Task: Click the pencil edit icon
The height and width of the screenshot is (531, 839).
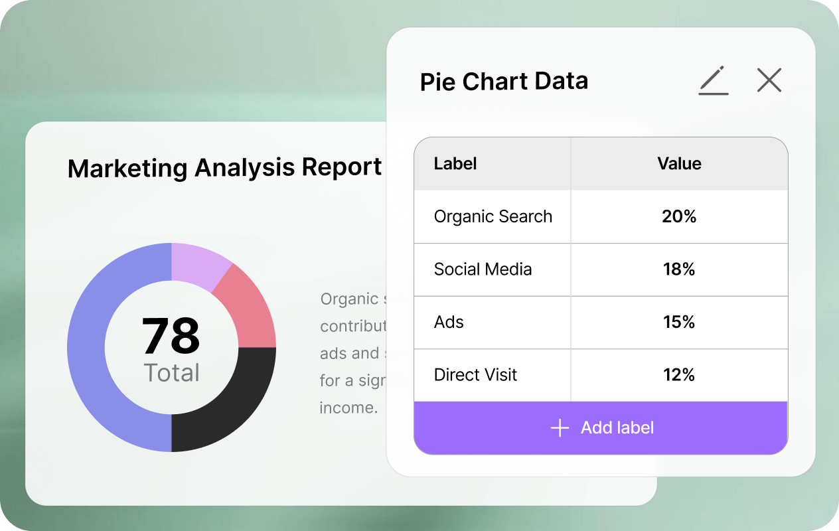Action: coord(714,81)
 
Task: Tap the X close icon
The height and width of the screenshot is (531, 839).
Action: coord(769,80)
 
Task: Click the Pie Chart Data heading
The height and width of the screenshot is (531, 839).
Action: coord(504,82)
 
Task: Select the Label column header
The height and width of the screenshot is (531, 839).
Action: coord(455,164)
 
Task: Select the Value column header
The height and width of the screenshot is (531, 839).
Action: coord(679,164)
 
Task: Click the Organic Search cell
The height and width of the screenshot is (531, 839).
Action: coord(493,216)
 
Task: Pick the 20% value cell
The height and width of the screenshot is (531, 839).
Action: coord(679,216)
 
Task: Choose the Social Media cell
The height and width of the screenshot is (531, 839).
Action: coord(483,269)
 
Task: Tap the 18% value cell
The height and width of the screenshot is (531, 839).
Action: coord(679,269)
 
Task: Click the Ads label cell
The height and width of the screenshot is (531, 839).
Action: coord(449,322)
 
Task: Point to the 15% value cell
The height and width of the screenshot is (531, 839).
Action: coord(679,322)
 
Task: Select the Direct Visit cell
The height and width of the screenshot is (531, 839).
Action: coord(475,375)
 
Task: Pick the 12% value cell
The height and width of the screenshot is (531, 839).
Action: coord(679,375)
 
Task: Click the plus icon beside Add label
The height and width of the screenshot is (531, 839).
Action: coord(560,428)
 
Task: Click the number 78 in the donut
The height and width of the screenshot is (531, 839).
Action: coord(171,336)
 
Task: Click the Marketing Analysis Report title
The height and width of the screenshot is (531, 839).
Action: coord(224,168)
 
